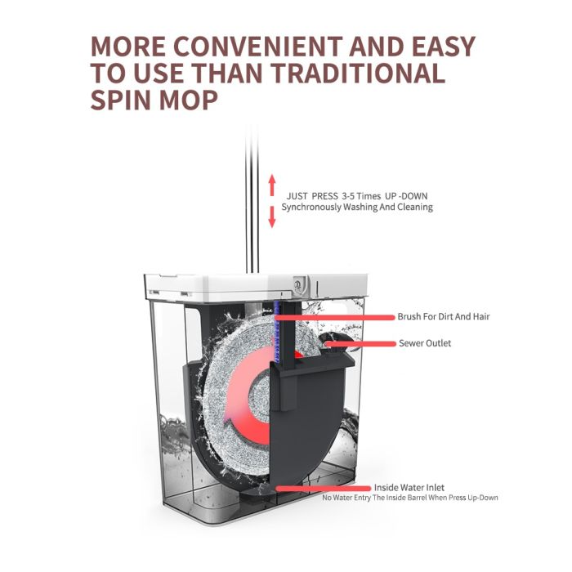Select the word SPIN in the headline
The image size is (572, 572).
125,100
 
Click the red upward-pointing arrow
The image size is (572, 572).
272,183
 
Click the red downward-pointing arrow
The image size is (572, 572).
272,217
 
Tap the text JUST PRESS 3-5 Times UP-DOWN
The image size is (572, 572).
356,196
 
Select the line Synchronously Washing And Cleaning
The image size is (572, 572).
357,208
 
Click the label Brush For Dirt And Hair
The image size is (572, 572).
444,316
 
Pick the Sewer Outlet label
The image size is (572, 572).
425,343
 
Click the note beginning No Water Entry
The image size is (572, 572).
410,498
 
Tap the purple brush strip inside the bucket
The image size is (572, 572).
279,335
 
